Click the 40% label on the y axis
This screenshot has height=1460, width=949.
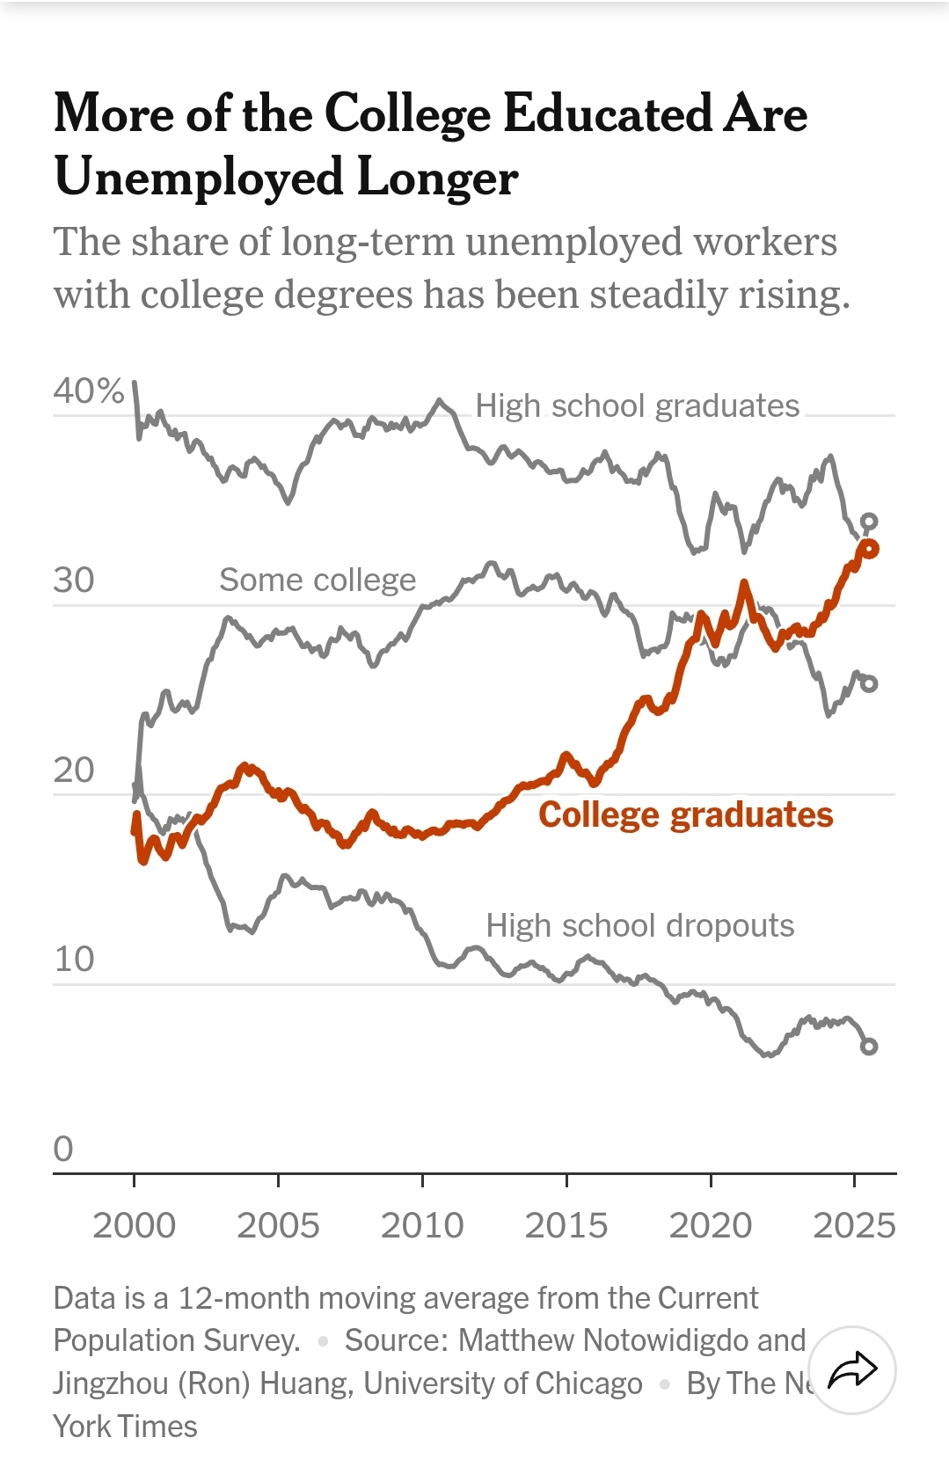pyautogui.click(x=88, y=391)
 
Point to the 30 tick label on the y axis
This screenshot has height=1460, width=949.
pyautogui.click(x=74, y=580)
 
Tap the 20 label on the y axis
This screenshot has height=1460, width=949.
pyautogui.click(x=74, y=770)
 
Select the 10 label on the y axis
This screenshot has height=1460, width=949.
pyautogui.click(x=74, y=960)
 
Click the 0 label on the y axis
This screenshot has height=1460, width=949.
pyautogui.click(x=63, y=1150)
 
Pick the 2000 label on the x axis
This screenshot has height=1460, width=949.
pyautogui.click(x=135, y=1225)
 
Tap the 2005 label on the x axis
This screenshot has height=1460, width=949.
pyautogui.click(x=278, y=1225)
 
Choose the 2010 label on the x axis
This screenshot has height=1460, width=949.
pyautogui.click(x=422, y=1225)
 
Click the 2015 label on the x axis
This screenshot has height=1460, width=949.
pyautogui.click(x=566, y=1225)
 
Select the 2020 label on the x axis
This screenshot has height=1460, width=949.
pyautogui.click(x=711, y=1225)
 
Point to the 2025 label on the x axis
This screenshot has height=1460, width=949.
pyautogui.click(x=854, y=1225)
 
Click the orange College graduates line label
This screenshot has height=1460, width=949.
pyautogui.click(x=685, y=815)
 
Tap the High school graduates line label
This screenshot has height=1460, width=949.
pyautogui.click(x=637, y=406)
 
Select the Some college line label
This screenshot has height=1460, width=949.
pyautogui.click(x=318, y=580)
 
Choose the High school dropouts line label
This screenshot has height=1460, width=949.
pyautogui.click(x=639, y=926)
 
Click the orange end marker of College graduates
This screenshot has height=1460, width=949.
pyautogui.click(x=870, y=549)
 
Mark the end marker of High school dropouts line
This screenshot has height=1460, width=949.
pyautogui.click(x=868, y=1046)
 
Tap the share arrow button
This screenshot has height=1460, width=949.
pyautogui.click(x=852, y=1369)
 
